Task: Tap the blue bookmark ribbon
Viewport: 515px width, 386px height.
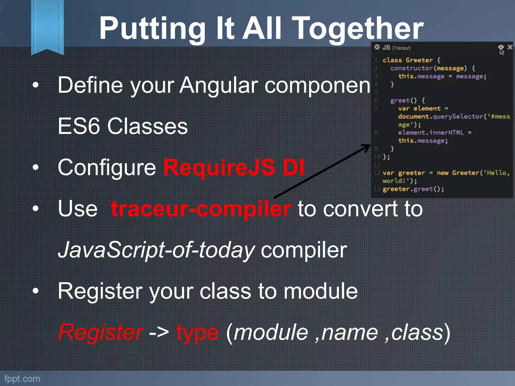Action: click(47, 25)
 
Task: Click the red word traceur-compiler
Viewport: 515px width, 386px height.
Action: click(201, 209)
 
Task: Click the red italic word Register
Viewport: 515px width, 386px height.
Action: click(101, 332)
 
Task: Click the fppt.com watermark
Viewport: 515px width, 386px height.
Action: click(22, 379)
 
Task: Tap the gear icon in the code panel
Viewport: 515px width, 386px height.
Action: click(377, 47)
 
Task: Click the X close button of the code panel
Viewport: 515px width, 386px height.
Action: click(510, 47)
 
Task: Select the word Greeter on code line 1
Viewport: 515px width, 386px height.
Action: click(419, 60)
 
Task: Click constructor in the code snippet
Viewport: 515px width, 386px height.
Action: click(411, 68)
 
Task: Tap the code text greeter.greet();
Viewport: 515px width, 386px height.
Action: click(413, 189)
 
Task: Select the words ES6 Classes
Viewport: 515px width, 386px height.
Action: click(122, 126)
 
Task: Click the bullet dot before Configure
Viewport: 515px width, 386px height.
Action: click(36, 167)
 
